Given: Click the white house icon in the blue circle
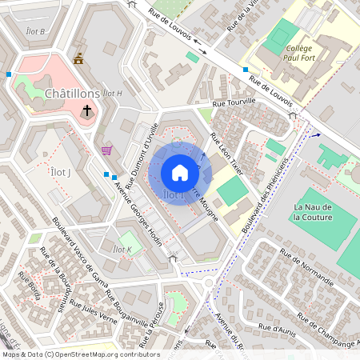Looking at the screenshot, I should (x=180, y=173).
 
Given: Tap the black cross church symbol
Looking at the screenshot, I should (x=86, y=110).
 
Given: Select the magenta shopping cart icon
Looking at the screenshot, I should (x=106, y=150).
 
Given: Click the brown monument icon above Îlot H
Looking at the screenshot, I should (x=78, y=58).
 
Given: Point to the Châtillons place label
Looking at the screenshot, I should (x=72, y=94).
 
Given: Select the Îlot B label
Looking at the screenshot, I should (x=37, y=31).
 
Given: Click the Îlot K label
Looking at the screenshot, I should (x=122, y=250).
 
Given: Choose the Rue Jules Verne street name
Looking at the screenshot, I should (x=93, y=310).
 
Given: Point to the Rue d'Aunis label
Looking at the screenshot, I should (x=279, y=329).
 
